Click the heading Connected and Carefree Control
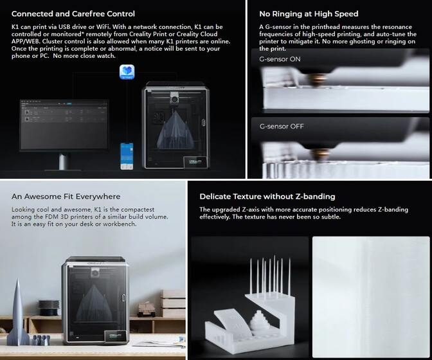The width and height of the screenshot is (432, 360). pyautogui.click(x=73, y=14)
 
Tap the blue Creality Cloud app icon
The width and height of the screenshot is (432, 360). pyautogui.click(x=127, y=72)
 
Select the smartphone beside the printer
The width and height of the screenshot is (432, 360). pyautogui.click(x=127, y=156)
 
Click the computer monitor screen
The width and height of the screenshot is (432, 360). pyautogui.click(x=64, y=125)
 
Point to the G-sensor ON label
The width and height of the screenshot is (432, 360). pyautogui.click(x=280, y=59)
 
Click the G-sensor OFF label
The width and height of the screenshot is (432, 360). pyautogui.click(x=282, y=126)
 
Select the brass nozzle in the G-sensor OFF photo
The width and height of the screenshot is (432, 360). pyautogui.click(x=319, y=154)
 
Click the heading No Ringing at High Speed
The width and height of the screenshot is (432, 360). pyautogui.click(x=309, y=14)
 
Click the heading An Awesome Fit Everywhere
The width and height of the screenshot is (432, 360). pyautogui.click(x=66, y=196)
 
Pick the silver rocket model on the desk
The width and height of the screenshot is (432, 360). pyautogui.click(x=18, y=312)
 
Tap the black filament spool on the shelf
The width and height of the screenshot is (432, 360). pyautogui.click(x=49, y=308)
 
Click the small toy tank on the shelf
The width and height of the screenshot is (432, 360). pyautogui.click(x=146, y=309)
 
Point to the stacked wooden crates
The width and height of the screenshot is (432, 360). pyautogui.click(x=173, y=303)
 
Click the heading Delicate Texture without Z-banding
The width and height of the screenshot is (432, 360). pyautogui.click(x=267, y=196)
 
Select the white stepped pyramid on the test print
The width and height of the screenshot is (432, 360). pyautogui.click(x=260, y=321)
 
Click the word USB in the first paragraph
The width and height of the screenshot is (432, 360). pyautogui.click(x=65, y=27)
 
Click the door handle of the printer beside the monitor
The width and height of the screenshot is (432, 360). pyautogui.click(x=204, y=122)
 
